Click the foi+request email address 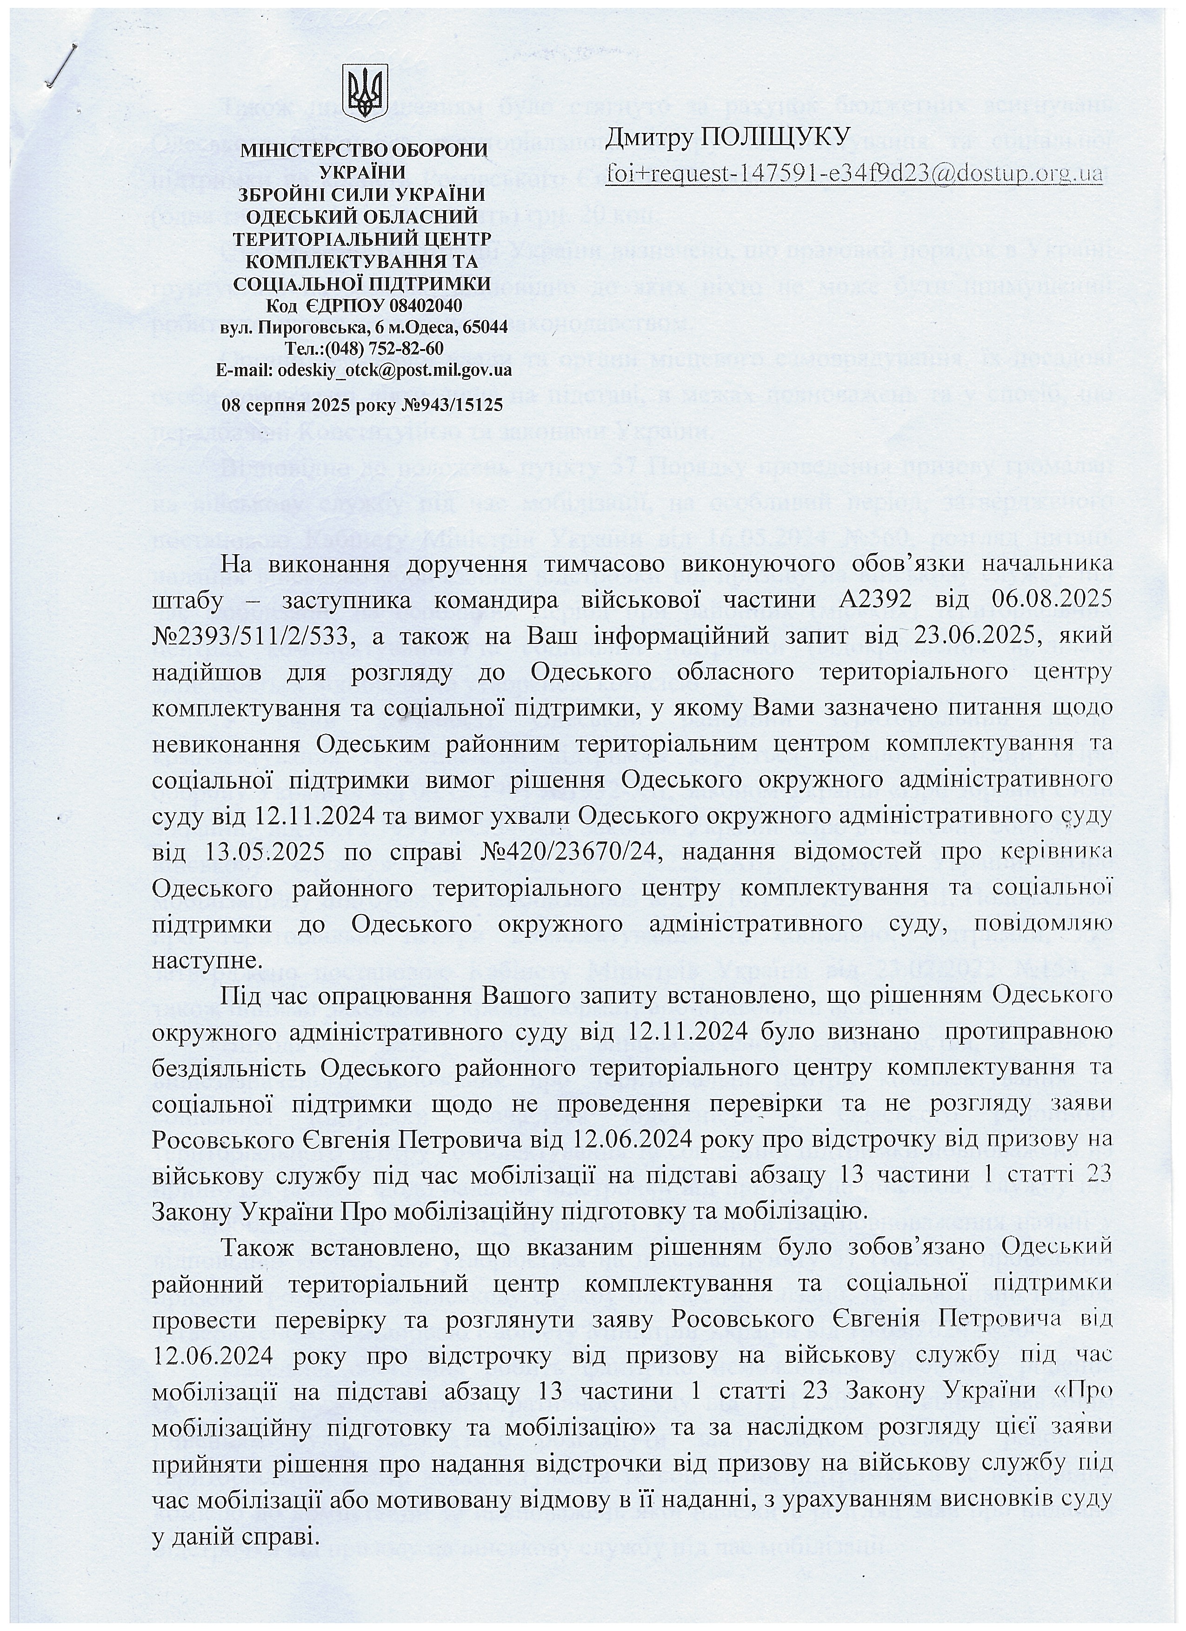pos(854,173)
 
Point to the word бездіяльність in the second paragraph pos(232,1068)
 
